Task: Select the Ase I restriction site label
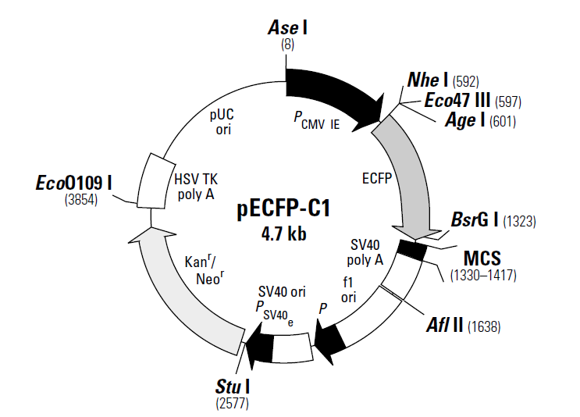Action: [287, 29]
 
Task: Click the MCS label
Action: [483, 258]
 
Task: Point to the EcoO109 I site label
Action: [74, 183]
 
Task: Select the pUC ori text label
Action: [222, 121]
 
